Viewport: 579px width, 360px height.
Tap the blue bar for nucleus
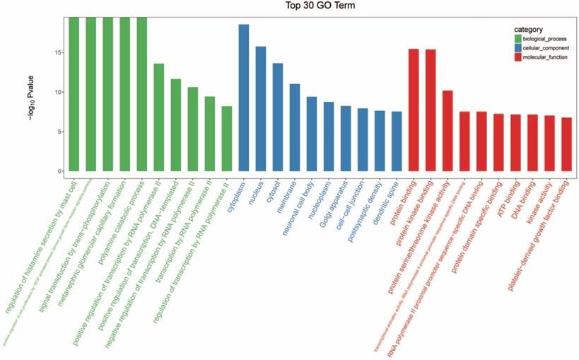click(261, 109)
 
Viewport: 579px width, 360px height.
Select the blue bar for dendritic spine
click(397, 141)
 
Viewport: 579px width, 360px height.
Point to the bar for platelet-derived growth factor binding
click(566, 144)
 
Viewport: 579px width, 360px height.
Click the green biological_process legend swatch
click(518, 38)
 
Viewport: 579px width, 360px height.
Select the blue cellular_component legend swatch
click(518, 47)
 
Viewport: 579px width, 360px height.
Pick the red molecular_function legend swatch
click(518, 57)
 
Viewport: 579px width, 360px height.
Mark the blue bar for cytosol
click(278, 117)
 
